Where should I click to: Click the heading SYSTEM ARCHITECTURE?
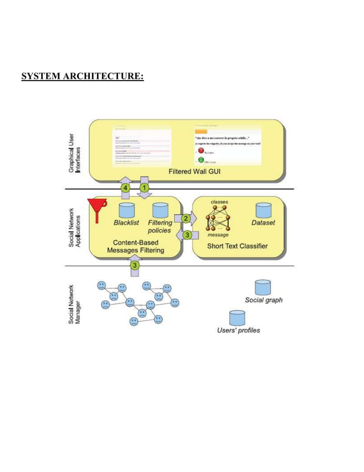(x=82, y=76)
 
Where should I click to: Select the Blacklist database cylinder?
(x=126, y=210)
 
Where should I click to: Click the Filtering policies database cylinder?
(x=160, y=210)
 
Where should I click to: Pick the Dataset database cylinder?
(x=263, y=210)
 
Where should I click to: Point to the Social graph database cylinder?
(x=262, y=287)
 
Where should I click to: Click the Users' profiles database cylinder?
(x=237, y=318)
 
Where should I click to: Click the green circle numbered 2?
(x=186, y=218)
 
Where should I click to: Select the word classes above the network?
(x=220, y=202)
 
